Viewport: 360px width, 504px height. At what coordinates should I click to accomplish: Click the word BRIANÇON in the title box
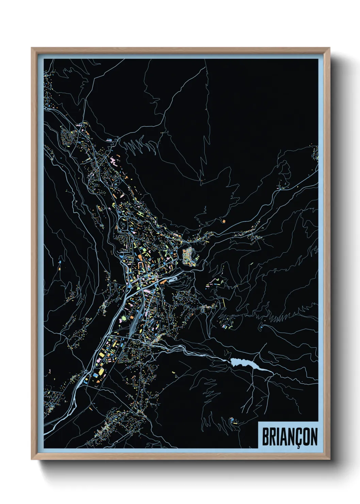pos(290,437)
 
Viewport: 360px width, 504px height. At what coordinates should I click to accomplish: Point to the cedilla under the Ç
pos(298,447)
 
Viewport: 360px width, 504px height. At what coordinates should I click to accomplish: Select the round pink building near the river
pos(124,318)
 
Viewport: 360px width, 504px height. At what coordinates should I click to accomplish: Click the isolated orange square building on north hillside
pos(224,221)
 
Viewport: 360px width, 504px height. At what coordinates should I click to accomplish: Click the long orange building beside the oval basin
pos(163,281)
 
